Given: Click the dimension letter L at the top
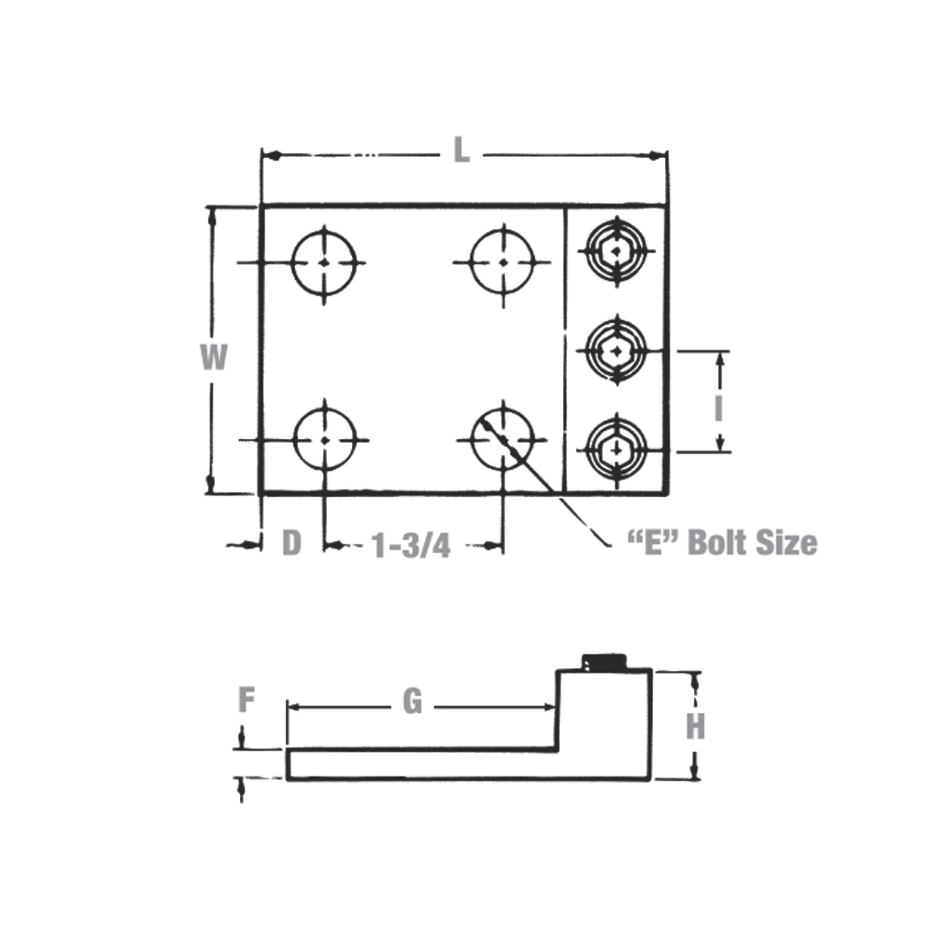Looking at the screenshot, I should coord(461,151).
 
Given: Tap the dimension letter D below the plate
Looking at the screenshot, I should coord(291,543).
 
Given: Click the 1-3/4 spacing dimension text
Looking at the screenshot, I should coord(410,544).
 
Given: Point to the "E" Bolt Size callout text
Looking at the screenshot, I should coord(722,543).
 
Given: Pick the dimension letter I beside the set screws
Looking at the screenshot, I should coord(718,409).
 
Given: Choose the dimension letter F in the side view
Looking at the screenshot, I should coord(246,700).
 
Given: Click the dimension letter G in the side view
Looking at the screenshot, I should coord(412,702).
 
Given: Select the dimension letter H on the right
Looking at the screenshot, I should coord(695,726).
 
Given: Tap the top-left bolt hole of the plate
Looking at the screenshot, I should coord(324,263).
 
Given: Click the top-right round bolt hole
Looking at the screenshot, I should coord(502,263).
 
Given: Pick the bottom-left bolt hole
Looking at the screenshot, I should coord(325,440).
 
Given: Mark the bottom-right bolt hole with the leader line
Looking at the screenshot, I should coord(502,439).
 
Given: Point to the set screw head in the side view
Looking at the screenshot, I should coord(605,661).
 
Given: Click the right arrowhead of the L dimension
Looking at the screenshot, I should coord(658,156).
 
